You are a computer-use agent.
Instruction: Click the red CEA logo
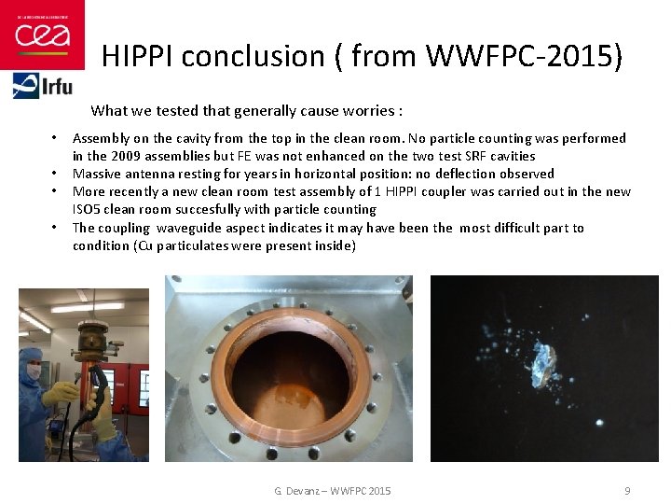click(42, 35)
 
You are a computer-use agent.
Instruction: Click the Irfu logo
click(42, 87)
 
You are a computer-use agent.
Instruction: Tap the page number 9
click(627, 491)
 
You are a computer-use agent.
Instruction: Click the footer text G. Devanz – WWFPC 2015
click(333, 491)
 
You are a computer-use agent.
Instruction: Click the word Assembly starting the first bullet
click(101, 138)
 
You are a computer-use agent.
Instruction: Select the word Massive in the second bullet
click(96, 174)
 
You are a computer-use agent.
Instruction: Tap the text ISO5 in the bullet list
click(88, 209)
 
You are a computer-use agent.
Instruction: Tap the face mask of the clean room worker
click(34, 371)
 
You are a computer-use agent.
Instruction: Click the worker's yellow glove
click(62, 393)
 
